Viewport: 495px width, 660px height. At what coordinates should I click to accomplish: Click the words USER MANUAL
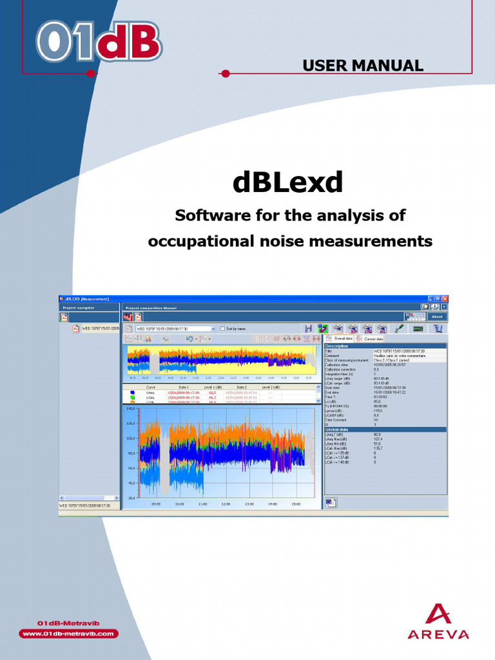coord(362,65)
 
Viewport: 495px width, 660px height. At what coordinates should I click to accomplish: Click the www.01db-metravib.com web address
coord(68,634)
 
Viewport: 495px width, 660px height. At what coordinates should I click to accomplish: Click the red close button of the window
coord(444,299)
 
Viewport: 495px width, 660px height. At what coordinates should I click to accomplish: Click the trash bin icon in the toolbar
coord(438,328)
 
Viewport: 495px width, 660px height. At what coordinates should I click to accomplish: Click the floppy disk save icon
coord(309,328)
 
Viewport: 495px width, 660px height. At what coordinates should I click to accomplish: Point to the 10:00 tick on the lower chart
coord(179,504)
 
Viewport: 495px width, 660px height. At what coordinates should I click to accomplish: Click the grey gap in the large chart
coord(164,458)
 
